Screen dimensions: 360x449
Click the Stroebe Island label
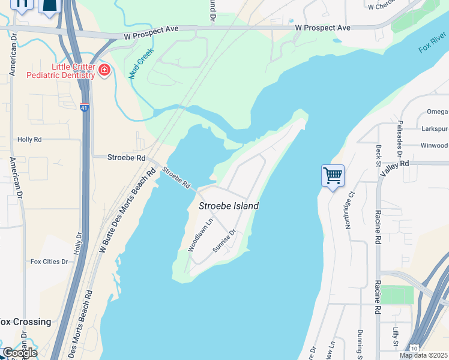(x=229, y=206)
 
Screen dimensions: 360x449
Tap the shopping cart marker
(x=333, y=175)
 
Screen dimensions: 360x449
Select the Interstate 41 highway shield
(x=85, y=107)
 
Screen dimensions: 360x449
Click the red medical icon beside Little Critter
(x=104, y=70)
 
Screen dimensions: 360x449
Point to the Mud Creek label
(x=142, y=64)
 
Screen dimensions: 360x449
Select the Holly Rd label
(x=29, y=139)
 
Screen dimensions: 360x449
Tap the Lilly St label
(x=396, y=337)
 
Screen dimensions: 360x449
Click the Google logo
(x=19, y=352)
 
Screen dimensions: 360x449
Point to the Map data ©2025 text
(x=424, y=355)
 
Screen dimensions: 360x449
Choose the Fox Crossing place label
(x=25, y=322)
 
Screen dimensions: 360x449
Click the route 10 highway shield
(x=414, y=349)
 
